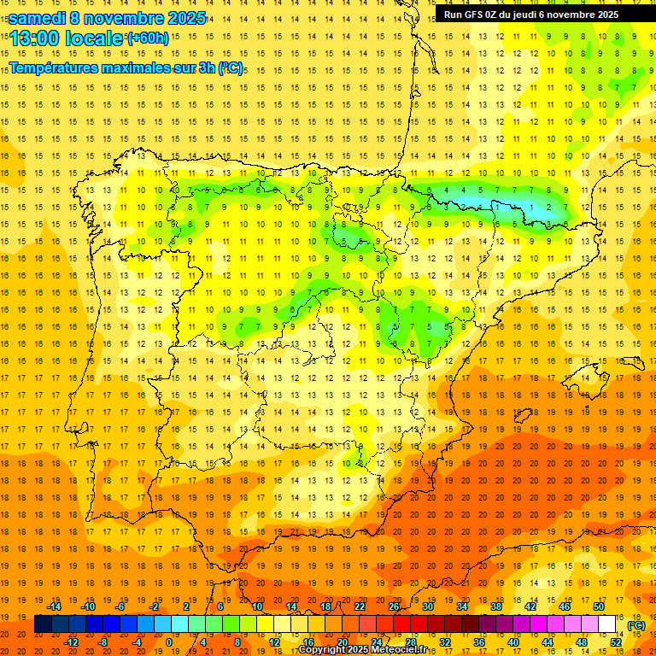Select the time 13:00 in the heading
(x=37, y=38)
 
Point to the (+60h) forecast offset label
(x=148, y=38)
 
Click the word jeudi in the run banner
(x=534, y=15)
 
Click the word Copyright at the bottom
(x=324, y=650)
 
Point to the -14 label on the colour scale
(x=54, y=606)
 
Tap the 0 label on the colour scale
(x=168, y=642)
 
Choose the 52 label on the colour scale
(x=616, y=642)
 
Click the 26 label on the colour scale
(x=393, y=606)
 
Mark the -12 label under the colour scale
(x=71, y=642)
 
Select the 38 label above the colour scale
(x=495, y=606)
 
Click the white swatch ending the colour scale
(x=606, y=624)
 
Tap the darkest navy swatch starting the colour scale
(x=43, y=624)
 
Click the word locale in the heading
(x=95, y=38)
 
